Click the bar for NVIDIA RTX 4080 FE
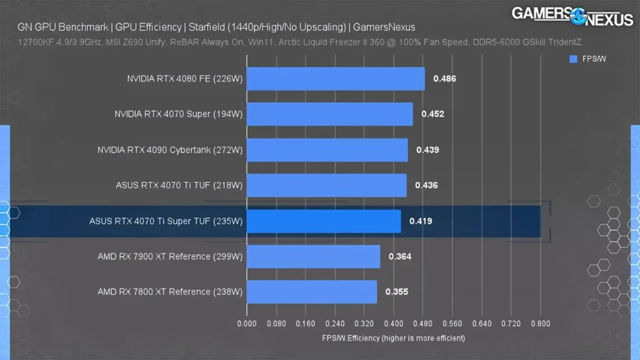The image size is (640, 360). pyautogui.click(x=336, y=79)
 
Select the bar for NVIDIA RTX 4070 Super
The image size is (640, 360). pyautogui.click(x=329, y=114)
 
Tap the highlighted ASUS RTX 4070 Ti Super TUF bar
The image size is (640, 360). pyautogui.click(x=324, y=221)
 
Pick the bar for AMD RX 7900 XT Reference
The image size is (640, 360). pyautogui.click(x=313, y=256)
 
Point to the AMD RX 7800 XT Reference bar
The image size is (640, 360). pyautogui.click(x=312, y=292)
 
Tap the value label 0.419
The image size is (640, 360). pyautogui.click(x=421, y=221)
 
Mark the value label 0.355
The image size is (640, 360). pyautogui.click(x=397, y=292)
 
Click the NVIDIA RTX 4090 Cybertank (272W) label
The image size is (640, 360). pyautogui.click(x=169, y=150)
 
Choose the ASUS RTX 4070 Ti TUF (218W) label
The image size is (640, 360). pyautogui.click(x=179, y=186)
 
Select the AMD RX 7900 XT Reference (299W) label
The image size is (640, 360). pyautogui.click(x=169, y=256)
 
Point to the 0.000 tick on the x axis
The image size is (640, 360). pyautogui.click(x=247, y=324)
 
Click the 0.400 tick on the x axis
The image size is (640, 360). pyautogui.click(x=394, y=324)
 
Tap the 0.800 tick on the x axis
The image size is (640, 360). pyautogui.click(x=540, y=324)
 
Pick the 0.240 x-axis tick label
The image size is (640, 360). pyautogui.click(x=335, y=324)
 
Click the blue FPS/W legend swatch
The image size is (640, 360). pyautogui.click(x=574, y=59)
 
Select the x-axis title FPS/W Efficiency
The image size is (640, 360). pyautogui.click(x=393, y=338)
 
